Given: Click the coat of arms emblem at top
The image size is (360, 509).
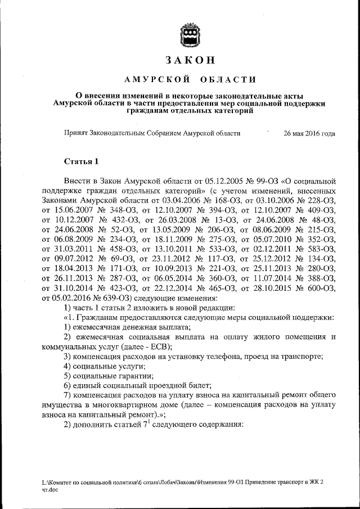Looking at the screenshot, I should pyautogui.click(x=188, y=34).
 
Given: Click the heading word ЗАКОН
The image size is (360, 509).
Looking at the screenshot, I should pyautogui.click(x=188, y=60).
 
